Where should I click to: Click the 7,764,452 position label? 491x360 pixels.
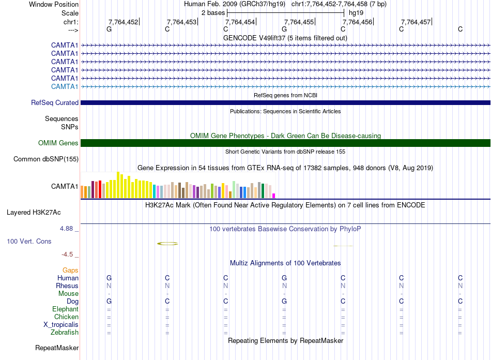123,22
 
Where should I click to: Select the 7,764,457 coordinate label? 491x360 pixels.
416,22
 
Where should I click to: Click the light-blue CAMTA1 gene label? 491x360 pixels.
65,86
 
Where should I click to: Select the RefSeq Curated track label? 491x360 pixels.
55,102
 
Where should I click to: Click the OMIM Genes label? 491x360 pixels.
58,143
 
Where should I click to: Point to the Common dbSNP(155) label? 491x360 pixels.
46,159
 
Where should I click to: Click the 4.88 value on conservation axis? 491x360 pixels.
68,228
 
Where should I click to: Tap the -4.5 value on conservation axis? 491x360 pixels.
69,254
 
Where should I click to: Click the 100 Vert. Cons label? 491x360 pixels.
29,241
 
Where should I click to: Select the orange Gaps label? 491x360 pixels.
70,270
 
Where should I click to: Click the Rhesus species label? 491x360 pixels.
67,286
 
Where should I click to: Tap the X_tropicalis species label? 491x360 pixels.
61,324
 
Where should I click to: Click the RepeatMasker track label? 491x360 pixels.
56,348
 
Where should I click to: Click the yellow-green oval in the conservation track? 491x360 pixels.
167,243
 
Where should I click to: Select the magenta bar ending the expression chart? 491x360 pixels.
274,195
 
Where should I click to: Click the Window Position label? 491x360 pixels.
54,4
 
